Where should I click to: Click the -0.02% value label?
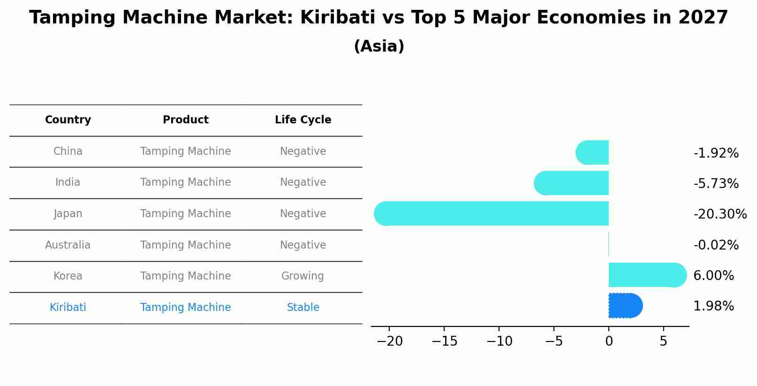pyautogui.click(x=716, y=245)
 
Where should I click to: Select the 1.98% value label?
pyautogui.click(x=713, y=306)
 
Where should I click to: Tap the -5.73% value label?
pyautogui.click(x=716, y=183)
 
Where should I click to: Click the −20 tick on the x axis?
pyautogui.click(x=389, y=341)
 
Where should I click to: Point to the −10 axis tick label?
pyautogui.click(x=499, y=341)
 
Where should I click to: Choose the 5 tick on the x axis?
pyautogui.click(x=663, y=341)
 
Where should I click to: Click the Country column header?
pyautogui.click(x=68, y=120)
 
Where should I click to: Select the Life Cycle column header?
pyautogui.click(x=303, y=120)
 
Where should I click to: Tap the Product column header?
pyautogui.click(x=186, y=120)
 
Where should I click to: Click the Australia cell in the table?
pyautogui.click(x=68, y=245)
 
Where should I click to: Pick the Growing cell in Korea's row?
pyautogui.click(x=303, y=276)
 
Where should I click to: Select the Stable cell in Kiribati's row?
pyautogui.click(x=303, y=307)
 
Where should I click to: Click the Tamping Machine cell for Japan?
pyautogui.click(x=186, y=213)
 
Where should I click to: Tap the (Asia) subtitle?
pyautogui.click(x=379, y=46)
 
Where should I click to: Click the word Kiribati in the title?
pyautogui.click(x=338, y=18)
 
